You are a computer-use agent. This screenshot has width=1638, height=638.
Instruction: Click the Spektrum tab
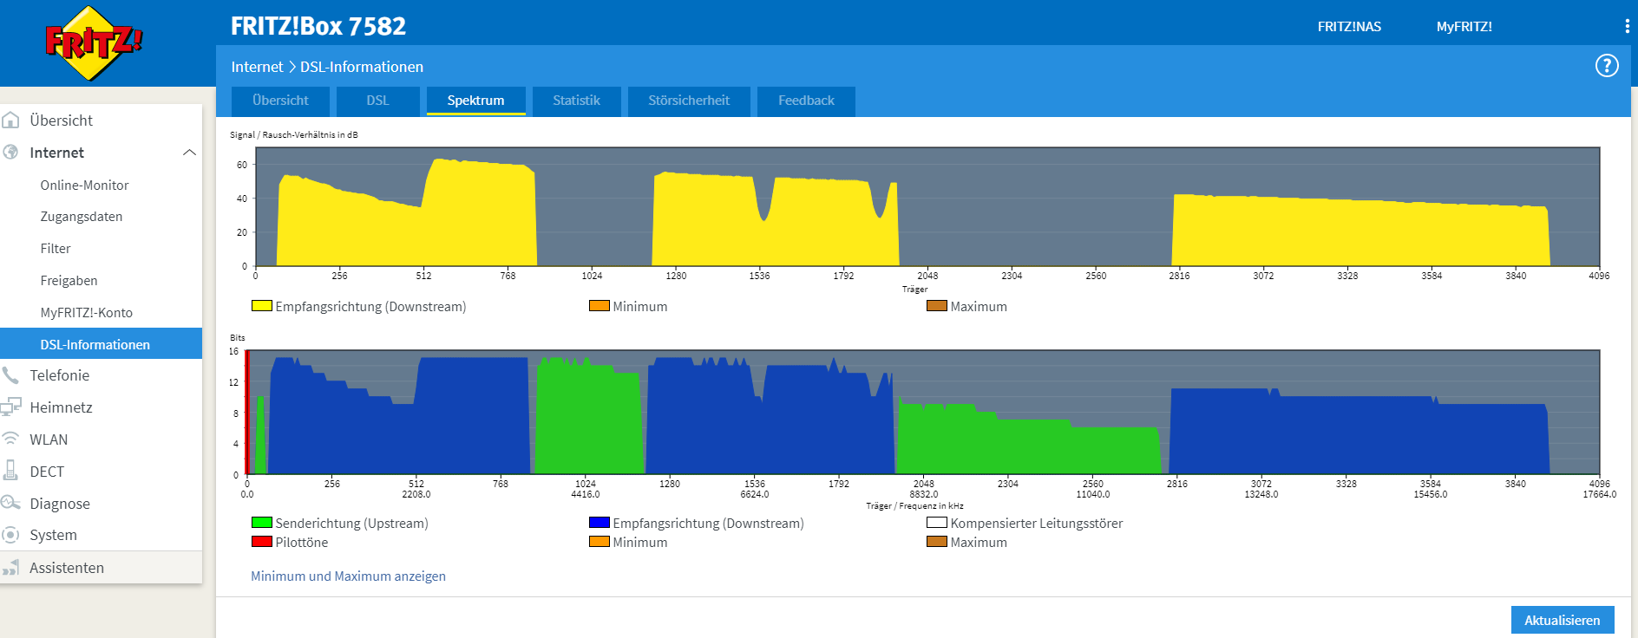pos(475,101)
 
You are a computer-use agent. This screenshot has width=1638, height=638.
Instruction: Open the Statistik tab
pos(576,101)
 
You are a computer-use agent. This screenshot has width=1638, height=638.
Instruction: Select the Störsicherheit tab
pos(689,101)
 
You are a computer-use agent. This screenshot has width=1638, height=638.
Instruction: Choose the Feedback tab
pos(806,101)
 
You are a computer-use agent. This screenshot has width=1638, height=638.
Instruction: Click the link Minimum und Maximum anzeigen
pos(348,576)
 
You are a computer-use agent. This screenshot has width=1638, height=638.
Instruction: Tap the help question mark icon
pos(1607,66)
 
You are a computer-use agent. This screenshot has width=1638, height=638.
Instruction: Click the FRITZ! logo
pos(93,42)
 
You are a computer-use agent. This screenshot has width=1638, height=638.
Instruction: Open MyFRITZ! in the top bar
pos(1464,27)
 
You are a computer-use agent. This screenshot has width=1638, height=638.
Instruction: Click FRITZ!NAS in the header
pos(1349,27)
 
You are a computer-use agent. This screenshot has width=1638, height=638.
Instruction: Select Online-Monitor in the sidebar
pos(84,186)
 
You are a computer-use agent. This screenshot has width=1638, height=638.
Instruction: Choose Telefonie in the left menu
pos(59,375)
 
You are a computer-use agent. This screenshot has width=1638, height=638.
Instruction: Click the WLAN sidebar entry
pos(49,439)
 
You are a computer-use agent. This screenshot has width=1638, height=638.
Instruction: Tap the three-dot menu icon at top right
pos(1627,26)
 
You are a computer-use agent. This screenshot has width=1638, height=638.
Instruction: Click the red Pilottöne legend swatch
pos(261,542)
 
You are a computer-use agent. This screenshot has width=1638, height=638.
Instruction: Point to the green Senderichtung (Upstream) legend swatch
pos(261,523)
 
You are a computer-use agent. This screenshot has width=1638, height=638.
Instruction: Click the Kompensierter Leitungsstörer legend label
pos(1036,524)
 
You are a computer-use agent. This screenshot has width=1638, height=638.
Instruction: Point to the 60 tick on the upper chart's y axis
pos(242,165)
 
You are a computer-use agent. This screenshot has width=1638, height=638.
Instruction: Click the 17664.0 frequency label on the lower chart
pos(1599,495)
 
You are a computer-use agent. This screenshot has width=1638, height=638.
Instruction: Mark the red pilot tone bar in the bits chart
pos(247,412)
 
